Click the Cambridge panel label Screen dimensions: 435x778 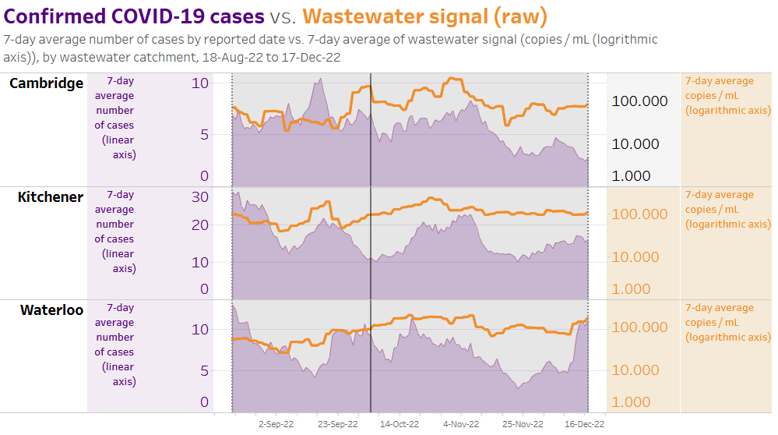click(46, 83)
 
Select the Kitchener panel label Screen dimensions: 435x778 click(51, 197)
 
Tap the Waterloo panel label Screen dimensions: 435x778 click(51, 310)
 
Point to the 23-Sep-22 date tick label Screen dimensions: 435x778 click(338, 424)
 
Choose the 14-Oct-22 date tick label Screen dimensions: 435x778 click(400, 424)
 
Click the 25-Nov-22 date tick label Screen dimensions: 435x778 click(523, 424)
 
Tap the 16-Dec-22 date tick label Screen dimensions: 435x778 click(584, 424)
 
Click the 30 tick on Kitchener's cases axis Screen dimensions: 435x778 click(200, 196)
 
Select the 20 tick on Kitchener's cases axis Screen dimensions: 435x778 click(200, 225)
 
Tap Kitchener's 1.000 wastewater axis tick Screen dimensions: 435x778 click(632, 289)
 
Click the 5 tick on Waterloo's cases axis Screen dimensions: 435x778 click(205, 371)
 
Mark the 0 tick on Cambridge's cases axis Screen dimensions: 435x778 click(205, 175)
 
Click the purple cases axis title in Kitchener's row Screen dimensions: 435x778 click(115, 232)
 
